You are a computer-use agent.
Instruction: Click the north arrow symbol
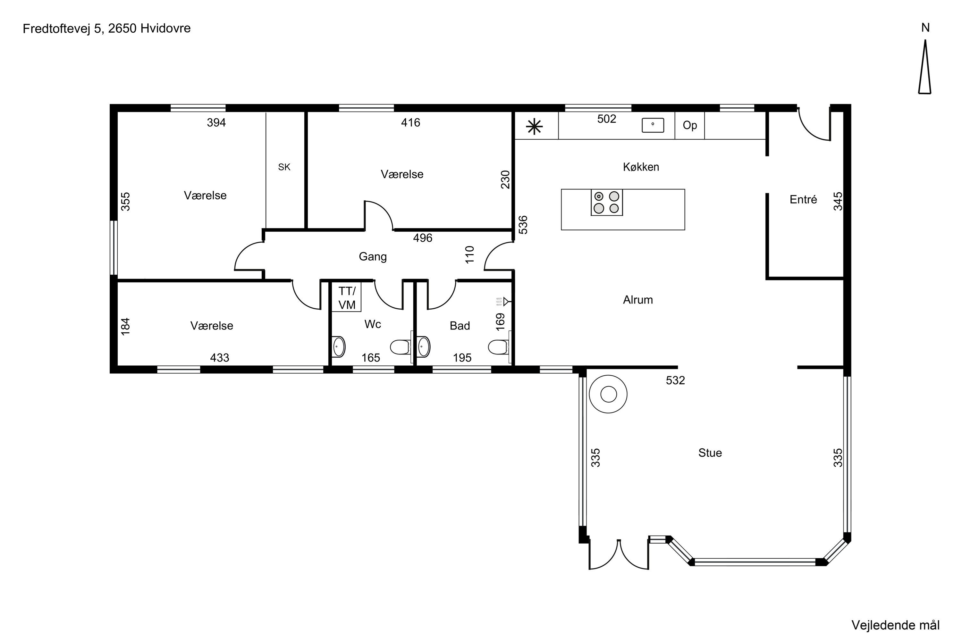coord(925,67)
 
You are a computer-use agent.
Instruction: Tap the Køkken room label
coord(641,167)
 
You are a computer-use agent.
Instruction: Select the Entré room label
coord(803,199)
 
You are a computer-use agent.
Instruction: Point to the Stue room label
coord(710,453)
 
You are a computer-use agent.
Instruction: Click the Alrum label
coord(638,300)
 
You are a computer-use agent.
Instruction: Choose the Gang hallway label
coord(373,257)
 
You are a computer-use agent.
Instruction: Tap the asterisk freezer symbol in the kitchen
coord(534,127)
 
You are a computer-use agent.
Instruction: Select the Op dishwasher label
coord(690,126)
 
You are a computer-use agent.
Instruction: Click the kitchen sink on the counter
coord(653,125)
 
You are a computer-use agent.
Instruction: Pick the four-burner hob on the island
coord(607,202)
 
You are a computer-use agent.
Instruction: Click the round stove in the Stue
coord(608,394)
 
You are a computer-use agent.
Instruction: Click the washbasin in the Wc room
coord(338,347)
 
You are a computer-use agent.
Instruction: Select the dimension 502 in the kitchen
coord(607,119)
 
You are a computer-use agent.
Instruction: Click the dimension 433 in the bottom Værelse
coord(220,358)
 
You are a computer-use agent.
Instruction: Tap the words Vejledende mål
coord(896,625)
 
